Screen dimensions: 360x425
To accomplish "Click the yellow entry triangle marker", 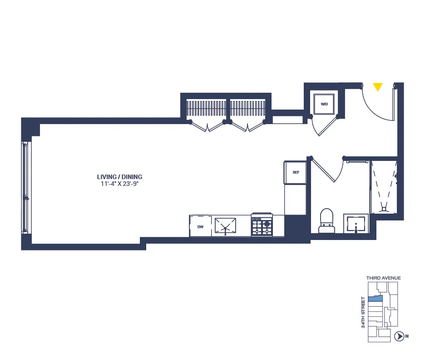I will coord(377,87).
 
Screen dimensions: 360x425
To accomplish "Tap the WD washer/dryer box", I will coord(324,104).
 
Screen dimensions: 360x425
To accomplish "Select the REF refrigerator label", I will coord(296,172).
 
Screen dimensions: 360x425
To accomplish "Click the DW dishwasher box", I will coord(200,226).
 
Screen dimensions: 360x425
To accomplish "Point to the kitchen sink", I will coord(226,226).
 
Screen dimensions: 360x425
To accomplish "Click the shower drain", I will coord(385,209).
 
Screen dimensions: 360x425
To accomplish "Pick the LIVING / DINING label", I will coord(119,177).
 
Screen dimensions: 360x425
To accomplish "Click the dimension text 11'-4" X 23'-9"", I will coord(119,185).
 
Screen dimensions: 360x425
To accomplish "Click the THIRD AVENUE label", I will coord(383,278).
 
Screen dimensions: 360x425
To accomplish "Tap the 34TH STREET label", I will coord(363,312).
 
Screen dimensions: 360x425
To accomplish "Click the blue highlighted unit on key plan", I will coord(375,299).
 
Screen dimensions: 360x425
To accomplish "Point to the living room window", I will coord(25,187).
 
